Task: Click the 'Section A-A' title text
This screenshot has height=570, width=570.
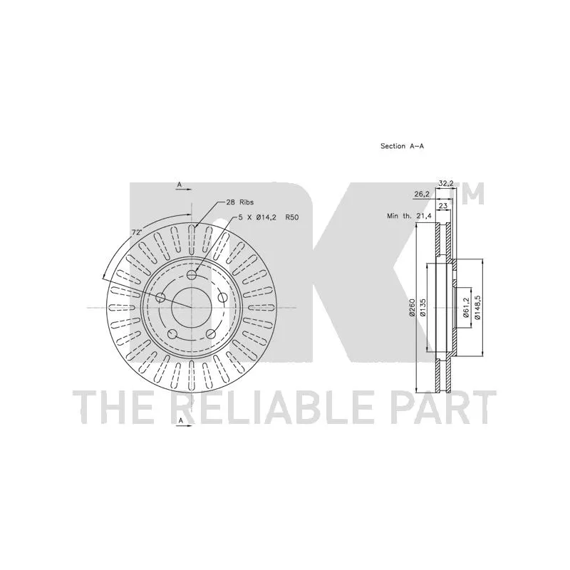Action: [402, 146]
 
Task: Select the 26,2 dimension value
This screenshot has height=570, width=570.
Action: [421, 193]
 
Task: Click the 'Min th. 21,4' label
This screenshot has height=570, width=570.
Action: [408, 215]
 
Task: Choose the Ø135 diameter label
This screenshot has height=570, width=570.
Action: [424, 308]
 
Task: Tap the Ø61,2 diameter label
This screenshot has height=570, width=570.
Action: [467, 308]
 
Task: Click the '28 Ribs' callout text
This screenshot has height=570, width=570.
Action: [240, 203]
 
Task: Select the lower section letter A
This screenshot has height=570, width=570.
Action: [180, 421]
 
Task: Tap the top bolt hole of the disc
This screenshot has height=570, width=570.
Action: [193, 276]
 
